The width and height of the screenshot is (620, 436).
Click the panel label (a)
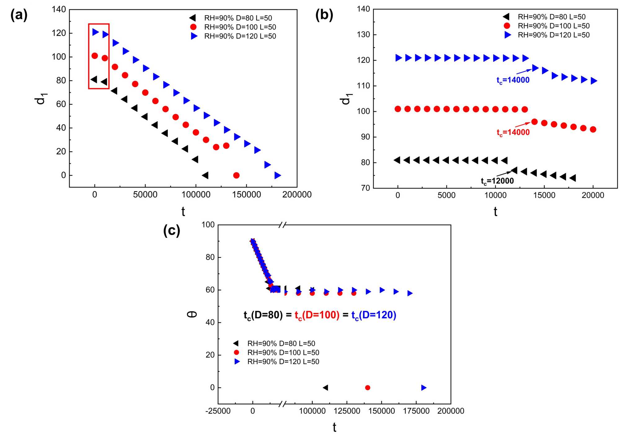coord(19,15)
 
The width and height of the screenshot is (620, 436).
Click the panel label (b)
coord(324,15)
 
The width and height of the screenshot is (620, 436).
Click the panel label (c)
coord(171,230)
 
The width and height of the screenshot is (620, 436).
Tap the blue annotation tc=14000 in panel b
coord(513,80)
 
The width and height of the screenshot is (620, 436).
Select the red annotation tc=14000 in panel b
coord(513,132)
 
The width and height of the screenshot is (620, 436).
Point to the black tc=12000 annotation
coord(497,181)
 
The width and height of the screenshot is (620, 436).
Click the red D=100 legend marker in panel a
coord(193,27)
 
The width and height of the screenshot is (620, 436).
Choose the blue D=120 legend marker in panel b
coord(507,35)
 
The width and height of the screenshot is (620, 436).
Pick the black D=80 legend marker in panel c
coord(236,343)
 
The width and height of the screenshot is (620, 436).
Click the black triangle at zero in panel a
coord(205,176)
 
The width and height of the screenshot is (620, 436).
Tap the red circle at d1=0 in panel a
coord(236,176)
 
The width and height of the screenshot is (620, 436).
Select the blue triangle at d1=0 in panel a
coord(277,176)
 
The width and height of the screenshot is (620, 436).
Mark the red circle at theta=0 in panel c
coord(368,388)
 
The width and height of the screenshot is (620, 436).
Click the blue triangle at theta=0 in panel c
coord(424,388)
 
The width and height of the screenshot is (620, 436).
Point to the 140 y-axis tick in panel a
coord(59,10)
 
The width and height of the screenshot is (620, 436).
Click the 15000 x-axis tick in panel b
coord(544,195)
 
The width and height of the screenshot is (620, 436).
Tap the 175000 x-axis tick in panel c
coord(416,411)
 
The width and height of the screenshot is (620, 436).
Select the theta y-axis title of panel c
coord(192,314)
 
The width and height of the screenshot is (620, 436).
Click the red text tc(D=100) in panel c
coord(317,315)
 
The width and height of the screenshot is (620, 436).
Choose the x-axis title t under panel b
coord(495,212)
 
